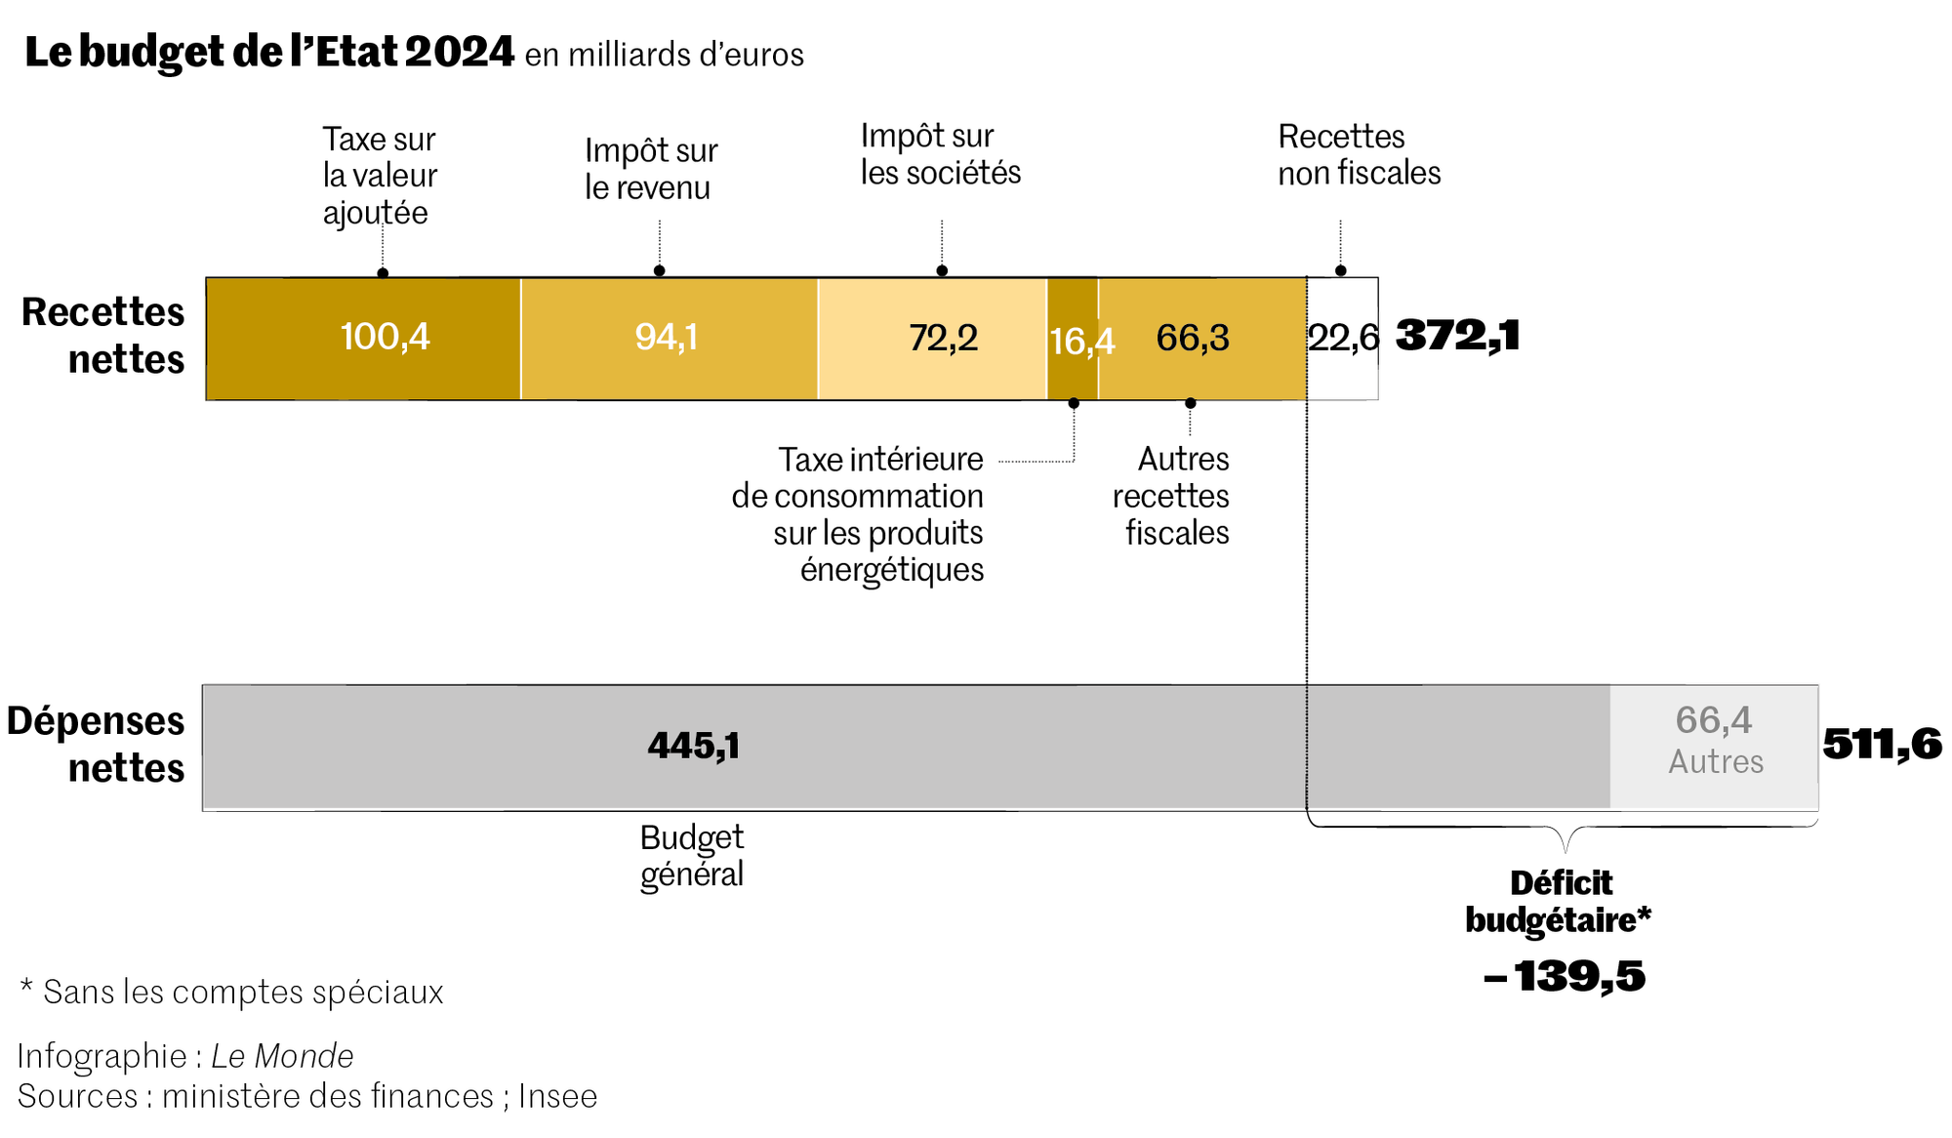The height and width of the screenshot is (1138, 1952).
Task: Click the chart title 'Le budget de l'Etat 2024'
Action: (269, 52)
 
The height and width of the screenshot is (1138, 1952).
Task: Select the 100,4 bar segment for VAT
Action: (363, 338)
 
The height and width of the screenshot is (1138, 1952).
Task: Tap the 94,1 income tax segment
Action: (669, 338)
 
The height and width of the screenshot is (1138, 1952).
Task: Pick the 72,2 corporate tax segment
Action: (932, 338)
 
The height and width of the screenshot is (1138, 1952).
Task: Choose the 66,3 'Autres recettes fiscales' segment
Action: (1201, 338)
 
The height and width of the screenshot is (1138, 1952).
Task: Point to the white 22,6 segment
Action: (1342, 338)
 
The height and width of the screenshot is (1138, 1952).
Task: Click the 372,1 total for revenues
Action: (1457, 336)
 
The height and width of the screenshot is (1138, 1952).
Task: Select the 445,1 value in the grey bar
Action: (694, 747)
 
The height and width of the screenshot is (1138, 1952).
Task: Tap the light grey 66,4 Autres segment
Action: (1714, 747)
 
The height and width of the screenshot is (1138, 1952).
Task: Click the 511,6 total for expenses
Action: (1882, 745)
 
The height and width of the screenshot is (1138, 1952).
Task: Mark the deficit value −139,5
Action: (1564, 976)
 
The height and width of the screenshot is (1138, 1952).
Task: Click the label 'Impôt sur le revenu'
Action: (651, 169)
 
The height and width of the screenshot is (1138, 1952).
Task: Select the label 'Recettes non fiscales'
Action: (1359, 154)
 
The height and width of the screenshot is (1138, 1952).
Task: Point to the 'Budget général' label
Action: (692, 855)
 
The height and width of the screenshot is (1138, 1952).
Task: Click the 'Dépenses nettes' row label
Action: (96, 744)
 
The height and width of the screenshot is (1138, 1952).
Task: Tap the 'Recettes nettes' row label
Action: (103, 336)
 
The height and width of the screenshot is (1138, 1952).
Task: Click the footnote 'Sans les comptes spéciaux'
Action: (232, 992)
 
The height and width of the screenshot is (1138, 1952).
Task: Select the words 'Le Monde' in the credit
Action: (282, 1056)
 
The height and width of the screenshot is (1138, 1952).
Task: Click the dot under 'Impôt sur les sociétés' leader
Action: (942, 270)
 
